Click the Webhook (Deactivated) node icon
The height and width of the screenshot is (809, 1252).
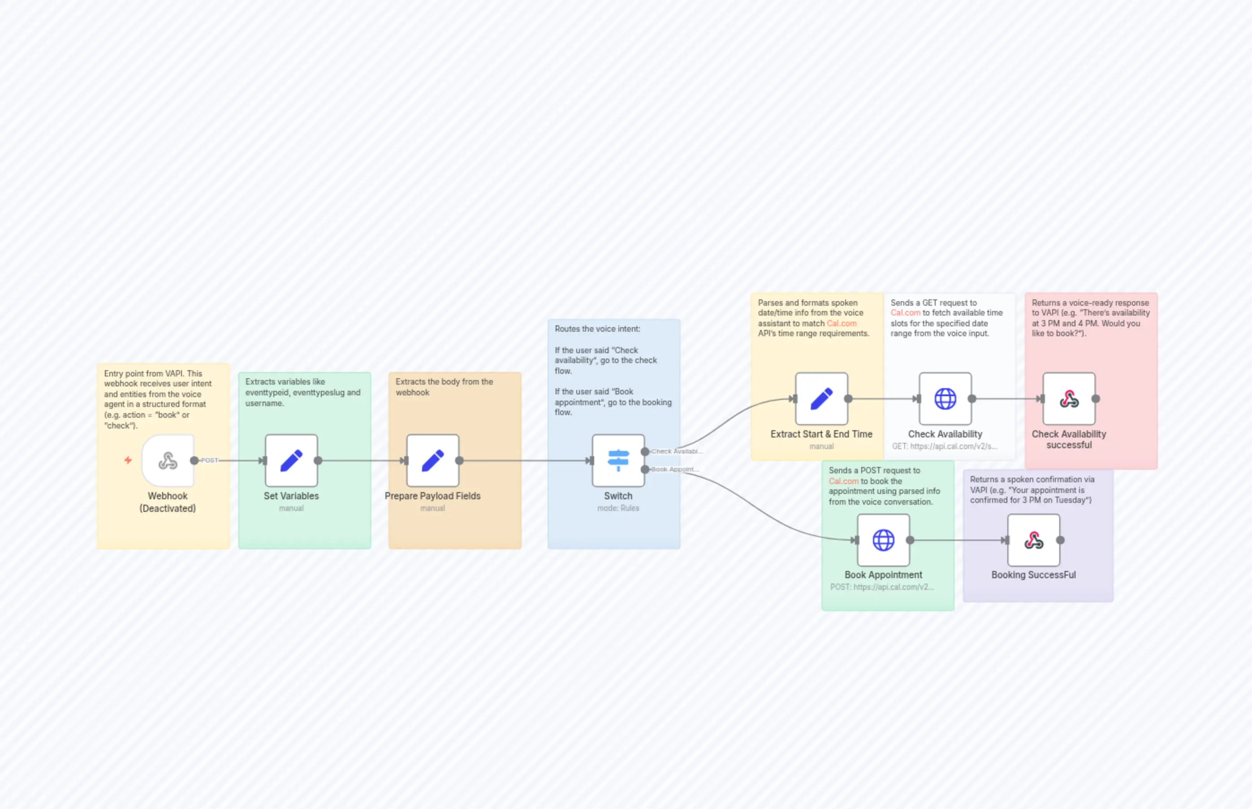(168, 461)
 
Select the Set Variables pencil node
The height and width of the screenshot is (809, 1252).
(291, 461)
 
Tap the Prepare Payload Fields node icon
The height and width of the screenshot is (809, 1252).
(433, 461)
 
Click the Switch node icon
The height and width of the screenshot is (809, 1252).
(618, 461)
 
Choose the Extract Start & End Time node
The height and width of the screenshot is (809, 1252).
(821, 399)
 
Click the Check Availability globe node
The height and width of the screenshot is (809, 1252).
(945, 399)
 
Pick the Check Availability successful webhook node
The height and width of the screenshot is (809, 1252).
(1069, 399)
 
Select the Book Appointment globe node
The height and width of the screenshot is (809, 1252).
(883, 540)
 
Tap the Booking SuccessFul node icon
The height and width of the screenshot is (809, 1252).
(1033, 540)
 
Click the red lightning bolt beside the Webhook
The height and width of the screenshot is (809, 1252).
(128, 460)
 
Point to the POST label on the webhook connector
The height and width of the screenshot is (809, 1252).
(210, 461)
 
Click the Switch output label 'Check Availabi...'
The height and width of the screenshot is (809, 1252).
(677, 451)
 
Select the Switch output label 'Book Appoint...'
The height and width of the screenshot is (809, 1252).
(675, 469)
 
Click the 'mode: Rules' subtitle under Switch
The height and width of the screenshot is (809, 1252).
(618, 508)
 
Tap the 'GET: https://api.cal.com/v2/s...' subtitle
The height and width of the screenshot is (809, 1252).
(944, 446)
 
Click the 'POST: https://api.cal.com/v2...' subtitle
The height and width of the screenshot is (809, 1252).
(882, 587)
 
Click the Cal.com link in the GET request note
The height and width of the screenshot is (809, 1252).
(905, 312)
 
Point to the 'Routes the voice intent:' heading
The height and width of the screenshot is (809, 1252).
(598, 329)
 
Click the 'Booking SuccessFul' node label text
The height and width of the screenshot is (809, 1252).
(1033, 575)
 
